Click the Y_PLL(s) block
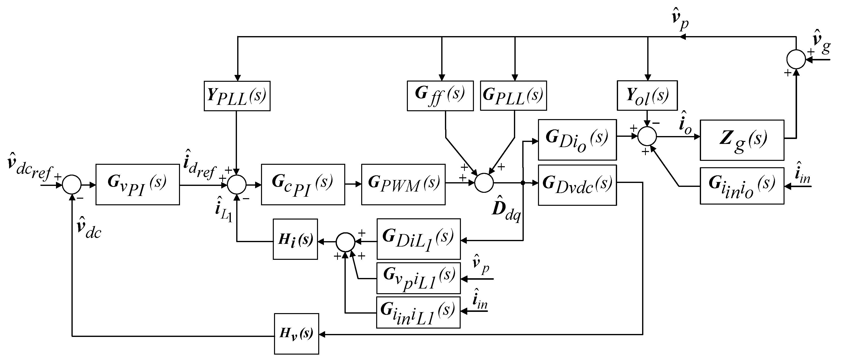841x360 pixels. (237, 96)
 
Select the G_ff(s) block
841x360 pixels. (440, 96)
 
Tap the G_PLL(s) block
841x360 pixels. (513, 96)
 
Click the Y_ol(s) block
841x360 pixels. (647, 95)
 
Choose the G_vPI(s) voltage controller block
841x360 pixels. (138, 184)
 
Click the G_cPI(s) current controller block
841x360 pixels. (303, 184)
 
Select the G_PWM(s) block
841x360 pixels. (403, 184)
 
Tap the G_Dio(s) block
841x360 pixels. (577, 140)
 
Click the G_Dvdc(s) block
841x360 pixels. (577, 185)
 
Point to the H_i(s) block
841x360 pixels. (295, 239)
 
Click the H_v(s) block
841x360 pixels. (296, 333)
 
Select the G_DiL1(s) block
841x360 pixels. (419, 239)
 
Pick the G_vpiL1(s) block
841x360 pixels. (419, 278)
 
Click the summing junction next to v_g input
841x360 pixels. (796, 59)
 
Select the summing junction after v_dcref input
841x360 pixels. (71, 184)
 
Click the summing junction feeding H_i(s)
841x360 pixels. (345, 242)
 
